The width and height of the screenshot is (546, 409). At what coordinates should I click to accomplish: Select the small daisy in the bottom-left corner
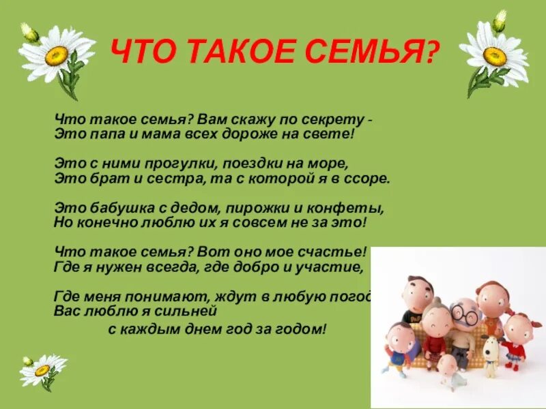(x=42, y=369)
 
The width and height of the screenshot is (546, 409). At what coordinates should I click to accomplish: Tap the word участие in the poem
(x=330, y=267)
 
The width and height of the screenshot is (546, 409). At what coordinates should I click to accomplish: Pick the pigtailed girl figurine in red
(x=518, y=338)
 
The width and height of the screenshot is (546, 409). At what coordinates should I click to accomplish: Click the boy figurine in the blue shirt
(x=399, y=347)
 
